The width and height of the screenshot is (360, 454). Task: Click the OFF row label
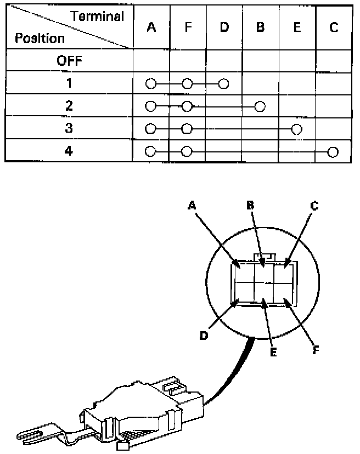pos(69,61)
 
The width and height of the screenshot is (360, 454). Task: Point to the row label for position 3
pos(69,128)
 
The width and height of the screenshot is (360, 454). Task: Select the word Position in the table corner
pos(40,38)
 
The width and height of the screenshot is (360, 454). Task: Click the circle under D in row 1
pos(223,84)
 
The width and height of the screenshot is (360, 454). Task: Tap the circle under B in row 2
pos(260,106)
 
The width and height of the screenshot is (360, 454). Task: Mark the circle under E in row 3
pos(297,129)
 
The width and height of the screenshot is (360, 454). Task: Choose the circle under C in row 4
pos(332,151)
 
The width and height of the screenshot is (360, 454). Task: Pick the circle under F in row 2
pos(187,106)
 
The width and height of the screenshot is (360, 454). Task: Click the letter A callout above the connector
pos(192,205)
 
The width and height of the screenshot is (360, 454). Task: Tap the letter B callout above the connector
pos(250,205)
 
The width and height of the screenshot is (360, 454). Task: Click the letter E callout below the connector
pos(273,352)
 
